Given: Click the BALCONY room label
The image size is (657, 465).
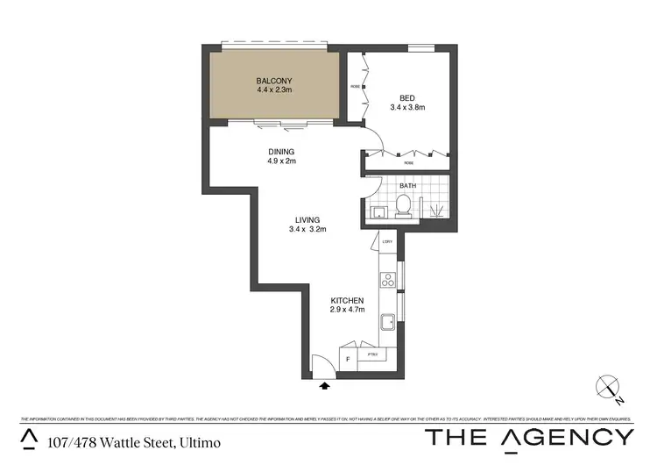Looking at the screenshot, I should pyautogui.click(x=275, y=80).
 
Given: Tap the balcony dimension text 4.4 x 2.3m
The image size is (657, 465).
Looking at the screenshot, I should pyautogui.click(x=275, y=89).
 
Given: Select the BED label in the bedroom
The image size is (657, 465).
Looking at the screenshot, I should pyautogui.click(x=406, y=98).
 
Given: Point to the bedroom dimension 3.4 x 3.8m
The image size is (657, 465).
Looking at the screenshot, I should pyautogui.click(x=406, y=108).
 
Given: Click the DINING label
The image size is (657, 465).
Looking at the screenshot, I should pyautogui.click(x=282, y=151).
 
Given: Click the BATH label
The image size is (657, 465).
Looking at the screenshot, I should pyautogui.click(x=407, y=186).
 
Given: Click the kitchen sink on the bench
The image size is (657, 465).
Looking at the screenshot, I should pyautogui.click(x=387, y=323).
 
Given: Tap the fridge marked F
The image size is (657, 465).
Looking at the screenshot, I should pyautogui.click(x=349, y=359).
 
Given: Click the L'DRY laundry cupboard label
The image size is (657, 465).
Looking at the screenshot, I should pyautogui.click(x=386, y=241).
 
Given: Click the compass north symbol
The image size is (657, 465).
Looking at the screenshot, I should pyautogui.click(x=609, y=387).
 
